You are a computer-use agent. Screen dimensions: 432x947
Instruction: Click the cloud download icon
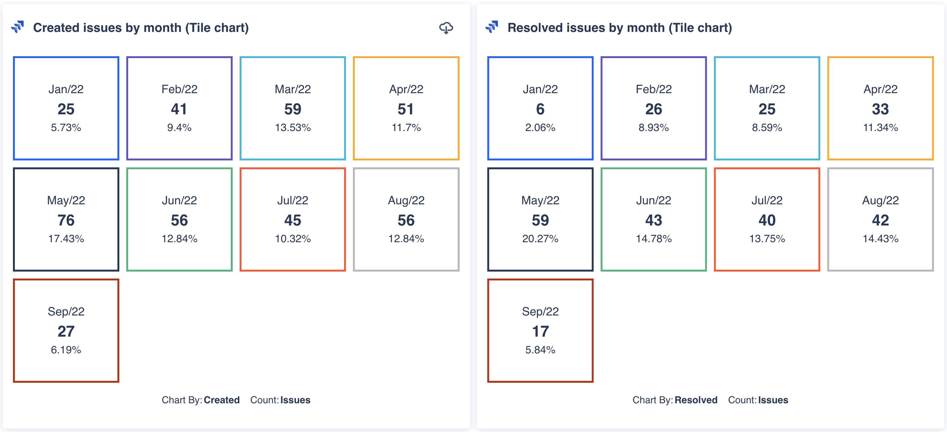[x=446, y=28]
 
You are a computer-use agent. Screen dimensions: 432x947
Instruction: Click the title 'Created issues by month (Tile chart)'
[x=141, y=28]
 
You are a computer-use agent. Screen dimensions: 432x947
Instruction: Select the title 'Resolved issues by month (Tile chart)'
[x=619, y=28]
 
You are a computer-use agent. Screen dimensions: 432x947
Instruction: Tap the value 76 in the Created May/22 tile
[x=66, y=220]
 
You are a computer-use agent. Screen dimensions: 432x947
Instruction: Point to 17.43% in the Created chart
[x=66, y=239]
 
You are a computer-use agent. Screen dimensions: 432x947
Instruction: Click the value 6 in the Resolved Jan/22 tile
[x=540, y=109]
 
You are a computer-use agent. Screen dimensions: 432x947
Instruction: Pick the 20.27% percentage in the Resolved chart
[x=540, y=239]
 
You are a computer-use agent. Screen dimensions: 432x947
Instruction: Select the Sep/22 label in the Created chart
[x=66, y=311]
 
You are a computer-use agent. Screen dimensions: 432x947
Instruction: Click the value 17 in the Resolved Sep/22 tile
[x=540, y=331]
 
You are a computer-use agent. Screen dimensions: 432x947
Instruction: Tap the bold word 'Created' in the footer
[x=222, y=400]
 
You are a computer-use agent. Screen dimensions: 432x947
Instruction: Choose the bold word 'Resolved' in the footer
[x=696, y=400]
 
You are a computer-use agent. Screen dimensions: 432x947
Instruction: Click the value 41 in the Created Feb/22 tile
[x=179, y=109]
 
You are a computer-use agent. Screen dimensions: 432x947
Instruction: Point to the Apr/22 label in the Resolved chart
[x=880, y=89]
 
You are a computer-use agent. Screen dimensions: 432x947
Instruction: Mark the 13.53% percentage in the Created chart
[x=293, y=128]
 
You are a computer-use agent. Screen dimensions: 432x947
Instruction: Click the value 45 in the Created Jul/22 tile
[x=293, y=220]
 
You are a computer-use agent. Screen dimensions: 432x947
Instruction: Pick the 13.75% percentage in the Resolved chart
[x=767, y=239]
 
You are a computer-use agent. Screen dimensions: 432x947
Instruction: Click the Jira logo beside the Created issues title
[x=18, y=27]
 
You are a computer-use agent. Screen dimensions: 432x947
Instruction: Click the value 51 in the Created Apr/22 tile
[x=406, y=109]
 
